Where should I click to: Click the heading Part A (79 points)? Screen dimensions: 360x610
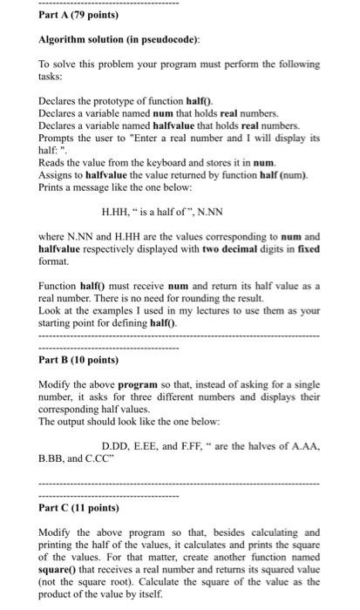click(67, 15)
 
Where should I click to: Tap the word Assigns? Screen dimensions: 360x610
click(57, 173)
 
